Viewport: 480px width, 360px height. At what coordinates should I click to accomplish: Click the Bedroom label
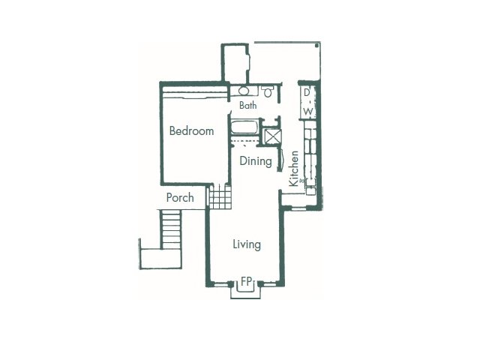click(192, 131)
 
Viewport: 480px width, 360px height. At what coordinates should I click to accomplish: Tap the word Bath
click(248, 105)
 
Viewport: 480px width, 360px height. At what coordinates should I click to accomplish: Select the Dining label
click(256, 161)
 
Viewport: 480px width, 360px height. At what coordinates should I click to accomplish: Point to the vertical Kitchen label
click(294, 168)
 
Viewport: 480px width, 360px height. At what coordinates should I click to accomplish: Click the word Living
click(247, 244)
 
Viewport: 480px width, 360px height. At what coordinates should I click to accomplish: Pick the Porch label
click(180, 197)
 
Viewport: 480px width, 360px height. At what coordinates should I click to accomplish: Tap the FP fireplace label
click(246, 281)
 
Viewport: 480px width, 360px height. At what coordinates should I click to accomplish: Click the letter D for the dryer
click(307, 92)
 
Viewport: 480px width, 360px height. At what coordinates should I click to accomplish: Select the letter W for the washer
click(308, 111)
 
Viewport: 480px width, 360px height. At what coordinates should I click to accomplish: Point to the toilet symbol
click(268, 91)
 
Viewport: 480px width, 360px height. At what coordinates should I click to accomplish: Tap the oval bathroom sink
click(244, 91)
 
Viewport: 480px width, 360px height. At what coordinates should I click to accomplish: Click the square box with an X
click(273, 136)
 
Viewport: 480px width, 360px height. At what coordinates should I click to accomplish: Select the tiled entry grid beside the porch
click(220, 196)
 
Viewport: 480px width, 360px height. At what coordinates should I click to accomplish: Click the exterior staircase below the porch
click(171, 229)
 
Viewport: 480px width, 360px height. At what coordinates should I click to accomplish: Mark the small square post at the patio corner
click(316, 45)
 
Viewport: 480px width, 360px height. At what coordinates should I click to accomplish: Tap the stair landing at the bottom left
click(161, 259)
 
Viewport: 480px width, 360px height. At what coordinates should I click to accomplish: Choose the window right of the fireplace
click(270, 285)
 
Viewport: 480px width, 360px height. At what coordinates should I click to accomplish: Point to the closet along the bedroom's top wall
click(195, 92)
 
